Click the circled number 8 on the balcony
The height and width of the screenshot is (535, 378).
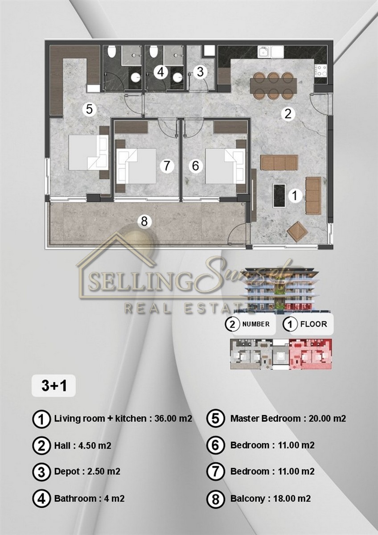tap(144, 222)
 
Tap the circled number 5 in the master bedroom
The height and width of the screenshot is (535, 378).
tap(89, 110)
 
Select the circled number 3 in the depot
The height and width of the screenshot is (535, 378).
tap(200, 72)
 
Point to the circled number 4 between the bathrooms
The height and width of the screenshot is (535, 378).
tap(161, 72)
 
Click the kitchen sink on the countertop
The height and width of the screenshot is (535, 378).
tap(271, 52)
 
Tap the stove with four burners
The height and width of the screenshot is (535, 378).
tap(320, 71)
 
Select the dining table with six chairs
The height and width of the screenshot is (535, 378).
tap(273, 86)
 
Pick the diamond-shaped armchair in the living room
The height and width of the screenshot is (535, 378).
tap(297, 231)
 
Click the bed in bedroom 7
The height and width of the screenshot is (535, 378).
tap(136, 166)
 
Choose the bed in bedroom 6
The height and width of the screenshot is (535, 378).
tap(226, 166)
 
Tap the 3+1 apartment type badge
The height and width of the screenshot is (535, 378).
tap(54, 386)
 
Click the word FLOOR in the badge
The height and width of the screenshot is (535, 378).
tap(313, 324)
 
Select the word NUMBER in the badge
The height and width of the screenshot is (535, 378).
tap(256, 324)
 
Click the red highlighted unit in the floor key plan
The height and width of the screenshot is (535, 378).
tap(310, 354)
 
